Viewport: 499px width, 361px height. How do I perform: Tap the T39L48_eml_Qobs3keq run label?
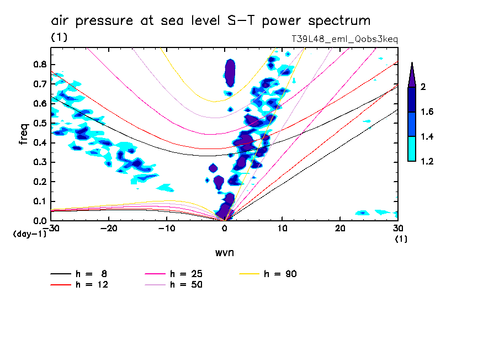click(344, 40)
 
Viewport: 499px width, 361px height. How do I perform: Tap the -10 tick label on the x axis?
click(167, 228)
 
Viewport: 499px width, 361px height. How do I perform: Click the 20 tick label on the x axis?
click(340, 228)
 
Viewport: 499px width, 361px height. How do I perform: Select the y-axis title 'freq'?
click(24, 134)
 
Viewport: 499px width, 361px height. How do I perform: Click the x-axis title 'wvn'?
click(224, 252)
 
